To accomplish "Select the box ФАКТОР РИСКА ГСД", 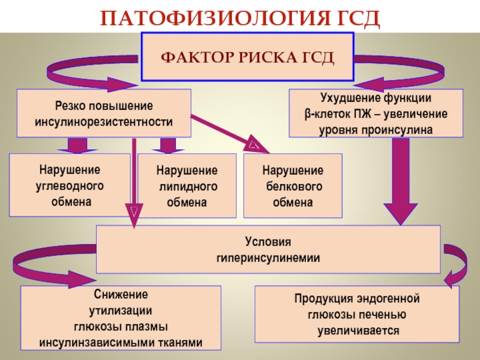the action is click(x=248, y=57).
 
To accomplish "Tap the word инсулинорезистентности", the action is click(x=104, y=122).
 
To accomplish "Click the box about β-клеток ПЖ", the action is click(x=376, y=113).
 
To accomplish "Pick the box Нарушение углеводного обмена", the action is click(x=70, y=185).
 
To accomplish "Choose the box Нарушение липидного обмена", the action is click(x=187, y=186).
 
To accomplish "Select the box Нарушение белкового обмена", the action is click(x=293, y=186).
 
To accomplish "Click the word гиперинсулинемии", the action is click(x=268, y=258).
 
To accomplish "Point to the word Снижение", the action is click(x=121, y=295).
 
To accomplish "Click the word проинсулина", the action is click(x=397, y=130).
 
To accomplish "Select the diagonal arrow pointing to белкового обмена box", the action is click(x=230, y=134).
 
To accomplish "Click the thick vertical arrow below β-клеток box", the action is click(x=401, y=181).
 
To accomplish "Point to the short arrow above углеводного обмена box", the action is click(x=77, y=145).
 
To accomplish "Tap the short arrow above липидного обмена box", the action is click(x=168, y=145).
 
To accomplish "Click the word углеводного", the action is click(x=70, y=186).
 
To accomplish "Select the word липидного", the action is click(x=188, y=187).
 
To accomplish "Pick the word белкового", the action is click(x=294, y=187).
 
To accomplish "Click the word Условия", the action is click(x=268, y=242).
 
